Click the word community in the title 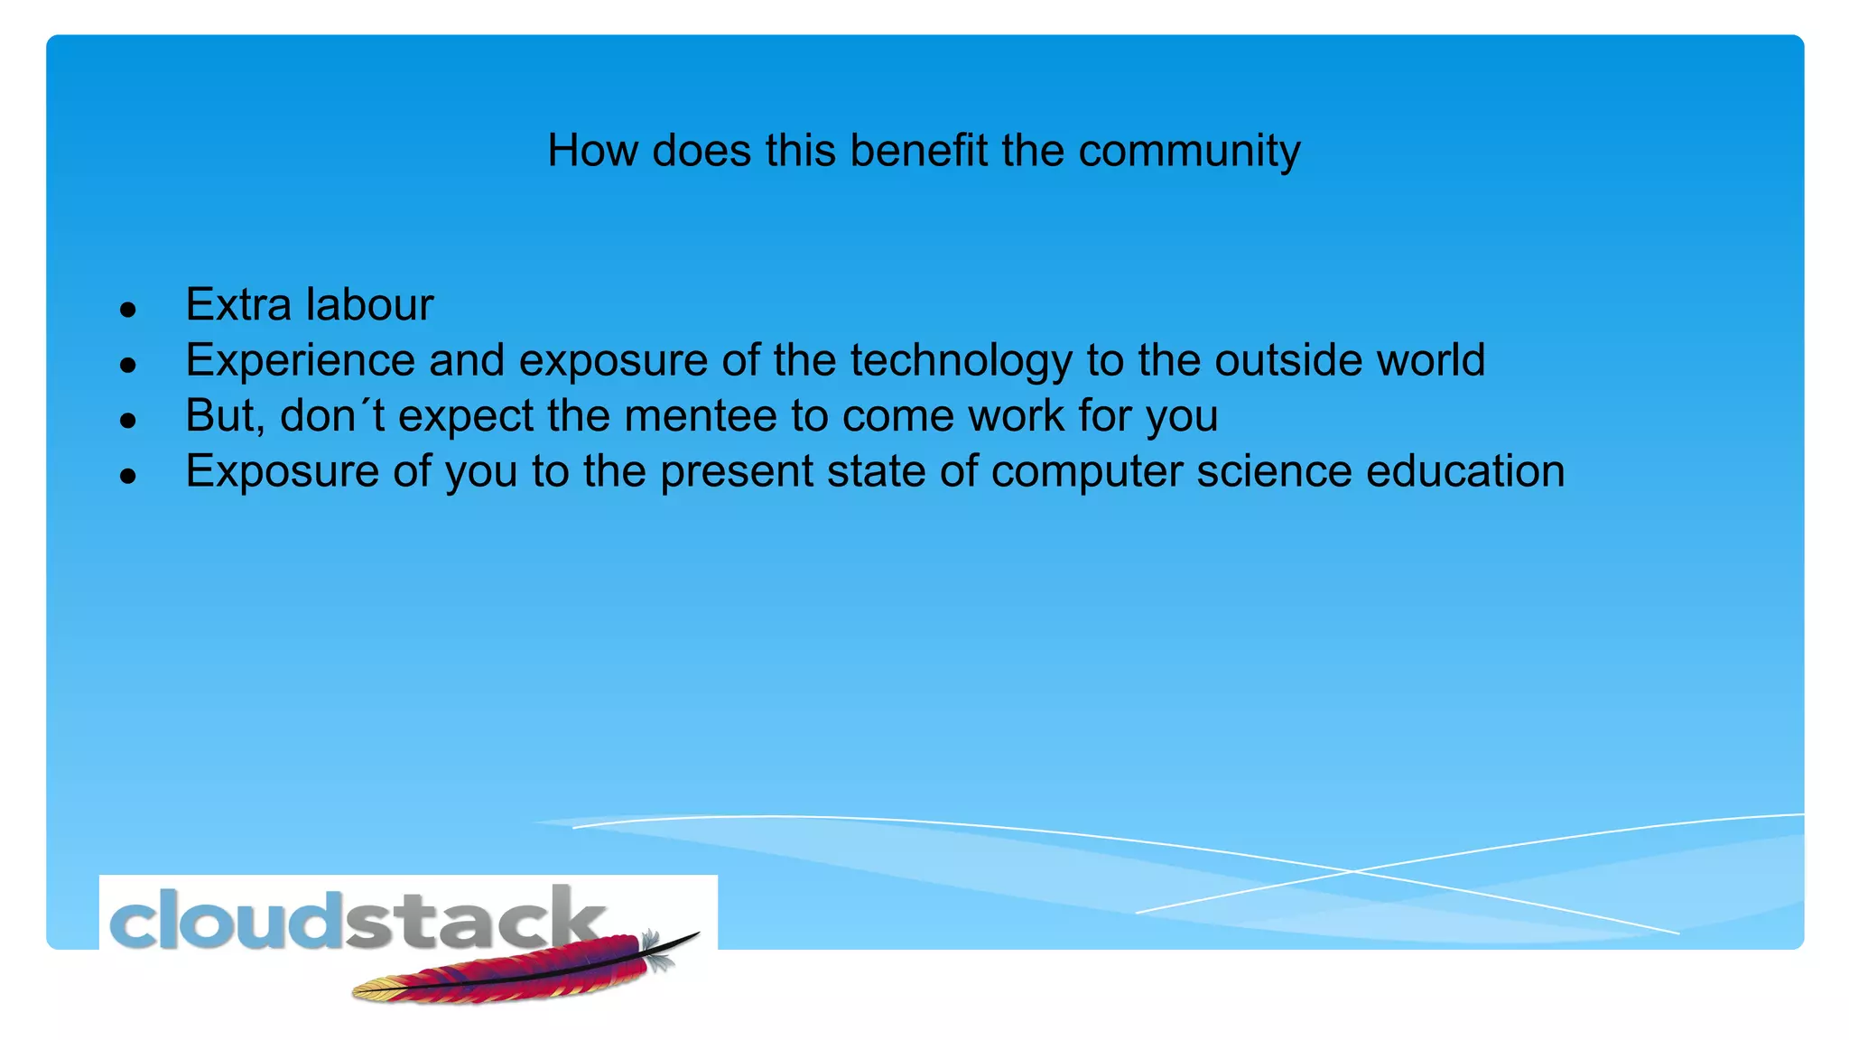tap(1189, 151)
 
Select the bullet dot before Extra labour tap(128, 310)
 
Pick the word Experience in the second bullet tap(300, 361)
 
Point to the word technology tap(961, 361)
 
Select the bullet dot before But tap(128, 421)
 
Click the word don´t tap(331, 416)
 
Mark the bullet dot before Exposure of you tap(128, 477)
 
